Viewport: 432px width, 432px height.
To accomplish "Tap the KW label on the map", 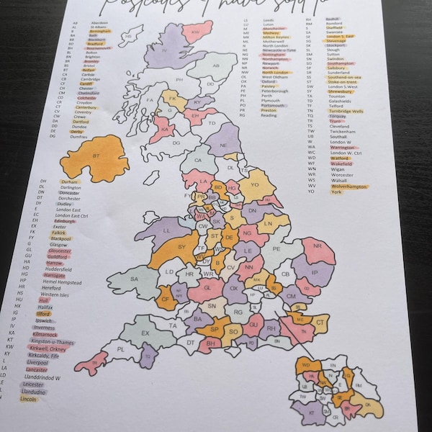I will click(195, 32).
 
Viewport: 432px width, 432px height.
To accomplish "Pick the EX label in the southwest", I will click(145, 333).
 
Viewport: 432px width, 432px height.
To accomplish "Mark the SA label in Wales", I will click(134, 279).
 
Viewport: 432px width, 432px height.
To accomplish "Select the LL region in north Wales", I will click(165, 230).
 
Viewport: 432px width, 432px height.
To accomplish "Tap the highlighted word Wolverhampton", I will click(349, 186).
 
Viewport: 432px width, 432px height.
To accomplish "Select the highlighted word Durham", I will click(69, 182).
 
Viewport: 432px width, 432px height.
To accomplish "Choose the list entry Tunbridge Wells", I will click(348, 112).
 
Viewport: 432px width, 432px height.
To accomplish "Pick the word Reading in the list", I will click(268, 115).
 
